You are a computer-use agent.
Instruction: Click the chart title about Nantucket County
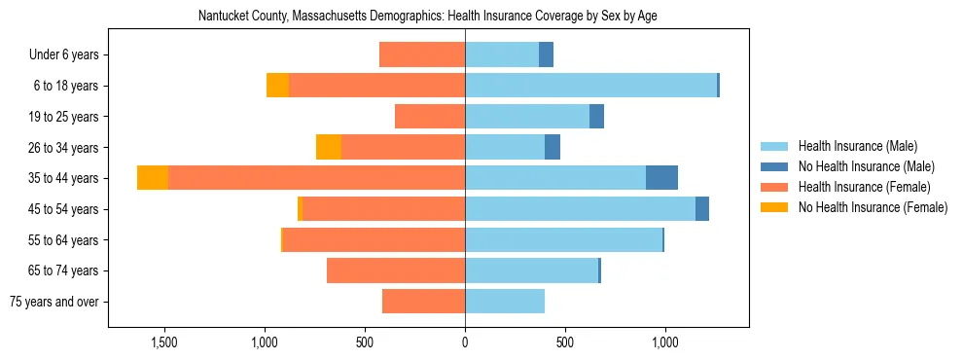[428, 17]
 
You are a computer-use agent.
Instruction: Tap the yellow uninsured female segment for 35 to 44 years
[153, 178]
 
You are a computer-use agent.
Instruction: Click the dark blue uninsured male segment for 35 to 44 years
[661, 178]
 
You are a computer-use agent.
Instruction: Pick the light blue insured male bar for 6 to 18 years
[590, 86]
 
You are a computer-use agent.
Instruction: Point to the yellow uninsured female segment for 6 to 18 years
[277, 86]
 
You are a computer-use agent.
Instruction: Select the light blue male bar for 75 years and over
[505, 302]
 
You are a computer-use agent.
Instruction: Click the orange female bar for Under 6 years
[422, 54]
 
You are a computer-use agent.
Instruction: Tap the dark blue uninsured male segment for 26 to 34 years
[553, 147]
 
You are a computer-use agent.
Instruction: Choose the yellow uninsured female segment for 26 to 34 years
[329, 147]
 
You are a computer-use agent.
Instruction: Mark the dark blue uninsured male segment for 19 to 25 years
[597, 117]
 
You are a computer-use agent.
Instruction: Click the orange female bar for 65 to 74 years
[396, 270]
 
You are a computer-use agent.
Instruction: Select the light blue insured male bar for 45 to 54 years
[580, 209]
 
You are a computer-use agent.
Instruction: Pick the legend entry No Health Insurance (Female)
[873, 207]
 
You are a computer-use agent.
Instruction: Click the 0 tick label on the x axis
[465, 342]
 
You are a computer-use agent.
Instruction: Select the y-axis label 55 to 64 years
[65, 240]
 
